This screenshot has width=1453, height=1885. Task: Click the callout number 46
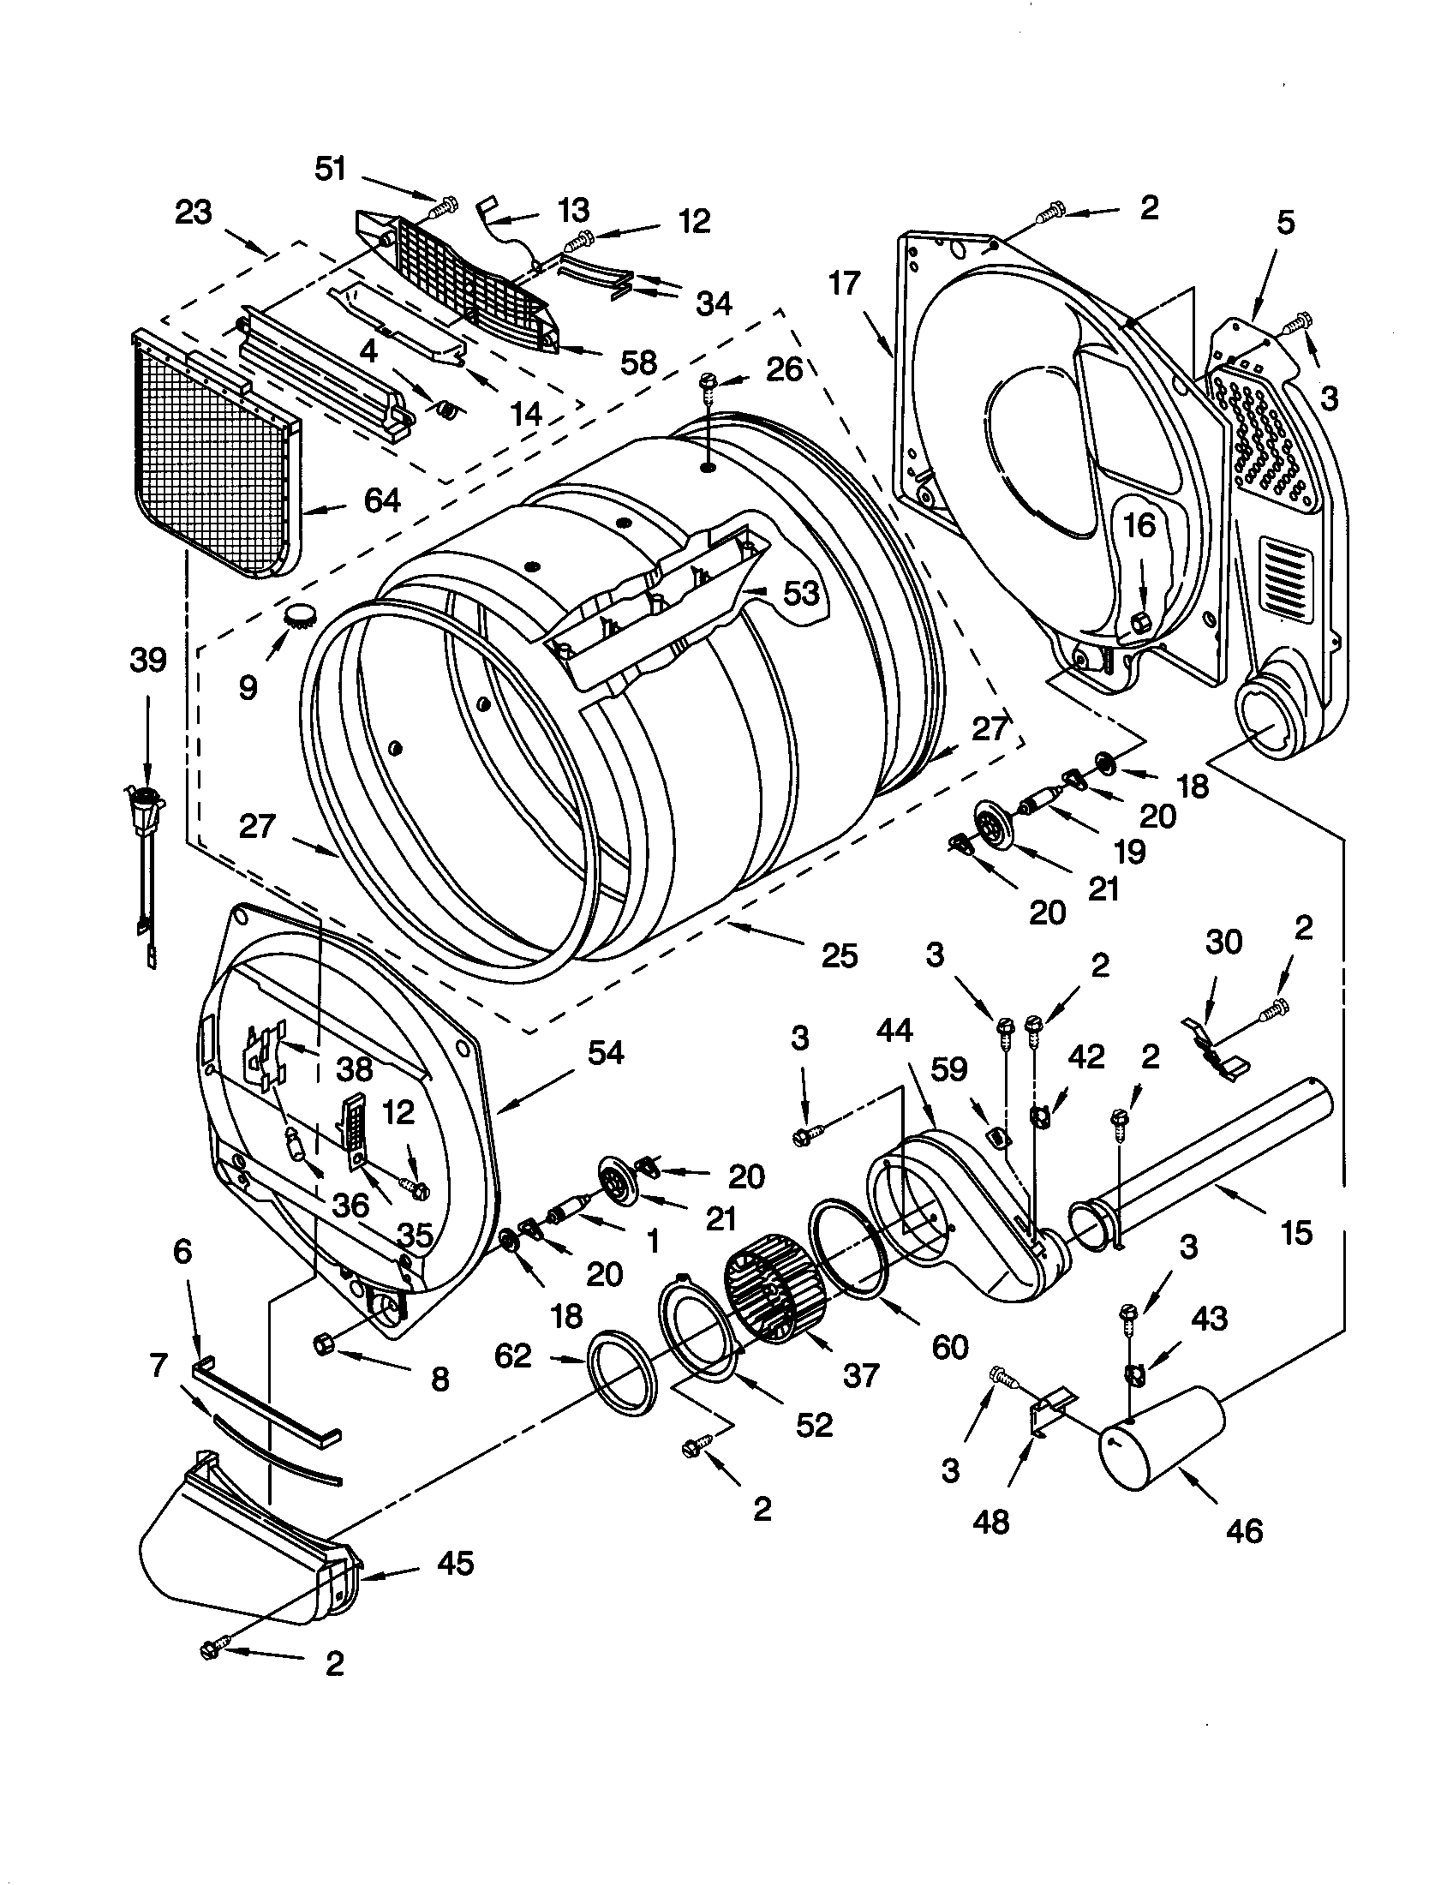(x=1243, y=1529)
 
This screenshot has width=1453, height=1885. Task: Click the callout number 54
(x=606, y=1052)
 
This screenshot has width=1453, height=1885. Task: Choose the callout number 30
(x=1223, y=942)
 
